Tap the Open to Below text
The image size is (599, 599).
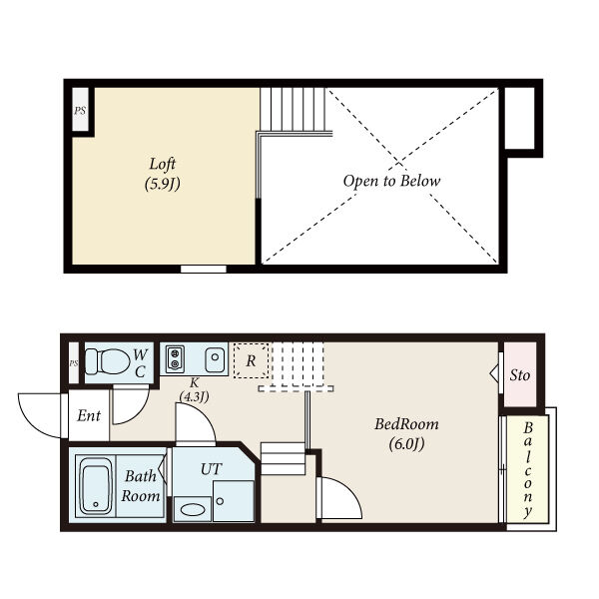pos(391,181)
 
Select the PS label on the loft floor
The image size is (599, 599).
pos(80,111)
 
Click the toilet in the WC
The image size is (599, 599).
pos(108,361)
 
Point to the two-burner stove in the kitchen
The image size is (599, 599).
pos(175,358)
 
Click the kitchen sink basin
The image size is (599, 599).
pos(215,359)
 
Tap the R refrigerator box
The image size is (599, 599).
pos(251,360)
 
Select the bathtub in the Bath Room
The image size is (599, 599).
pos(96,486)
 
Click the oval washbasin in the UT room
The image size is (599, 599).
pos(193,509)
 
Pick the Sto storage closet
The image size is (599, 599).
pos(520,374)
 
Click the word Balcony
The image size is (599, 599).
pos(528,470)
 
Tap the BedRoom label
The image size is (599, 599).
pos(406,424)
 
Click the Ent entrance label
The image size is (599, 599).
pos(89,415)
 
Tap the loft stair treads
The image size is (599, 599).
pos(293,109)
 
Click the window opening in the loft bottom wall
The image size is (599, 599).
pos(204,270)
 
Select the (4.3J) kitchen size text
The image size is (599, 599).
pos(194,396)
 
